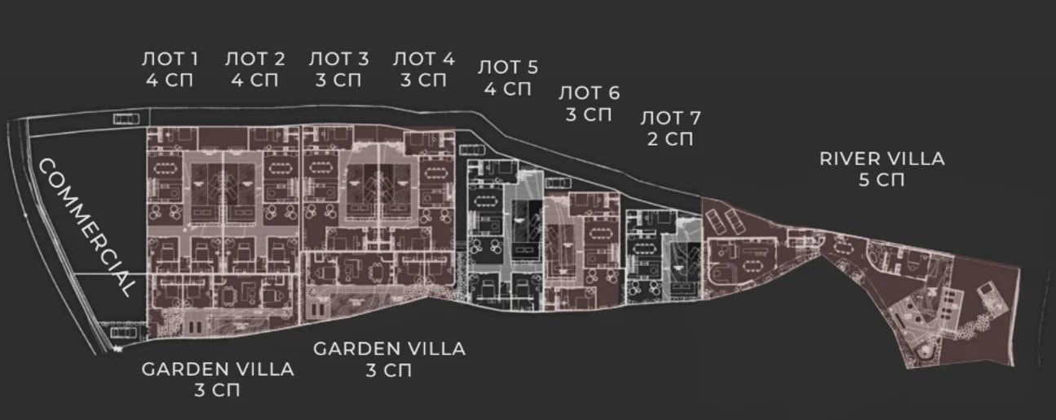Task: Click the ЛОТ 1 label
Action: click(170, 59)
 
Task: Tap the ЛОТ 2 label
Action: click(254, 59)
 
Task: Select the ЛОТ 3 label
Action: click(338, 59)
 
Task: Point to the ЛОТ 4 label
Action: click(423, 59)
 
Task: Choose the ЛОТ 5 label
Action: click(508, 67)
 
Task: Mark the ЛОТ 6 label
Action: click(589, 93)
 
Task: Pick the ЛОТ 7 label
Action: click(670, 118)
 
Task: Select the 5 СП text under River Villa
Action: click(881, 180)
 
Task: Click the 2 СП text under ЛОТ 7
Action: click(670, 139)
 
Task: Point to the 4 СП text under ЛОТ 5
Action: click(508, 89)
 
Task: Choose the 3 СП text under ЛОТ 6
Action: click(589, 114)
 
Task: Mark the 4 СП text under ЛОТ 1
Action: click(170, 80)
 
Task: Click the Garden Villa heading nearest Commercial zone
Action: click(218, 369)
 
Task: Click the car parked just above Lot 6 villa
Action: click(559, 183)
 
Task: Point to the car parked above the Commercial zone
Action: click(126, 119)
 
